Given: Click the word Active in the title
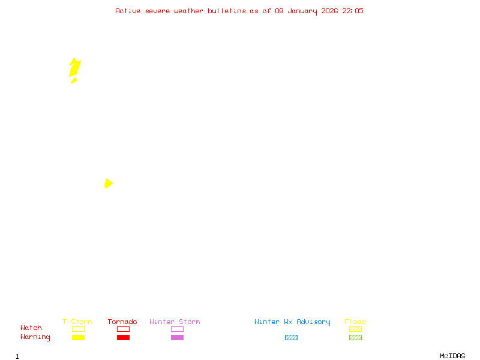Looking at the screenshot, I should pyautogui.click(x=128, y=11).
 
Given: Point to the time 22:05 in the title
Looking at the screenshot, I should pyautogui.click(x=353, y=11).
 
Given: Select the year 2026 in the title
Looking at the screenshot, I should pyautogui.click(x=329, y=11).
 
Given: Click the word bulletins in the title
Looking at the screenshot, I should pyautogui.click(x=227, y=11).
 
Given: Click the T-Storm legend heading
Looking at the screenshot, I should pyautogui.click(x=77, y=322).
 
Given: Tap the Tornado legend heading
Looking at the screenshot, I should pyautogui.click(x=122, y=322).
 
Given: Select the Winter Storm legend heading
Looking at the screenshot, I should pyautogui.click(x=175, y=322).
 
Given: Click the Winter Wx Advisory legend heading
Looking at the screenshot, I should pyautogui.click(x=292, y=322).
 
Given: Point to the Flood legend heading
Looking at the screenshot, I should pyautogui.click(x=355, y=322).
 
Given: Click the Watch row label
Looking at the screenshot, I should pyautogui.click(x=31, y=328).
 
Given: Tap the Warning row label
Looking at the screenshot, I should pyautogui.click(x=35, y=337).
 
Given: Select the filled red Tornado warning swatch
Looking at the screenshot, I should pyautogui.click(x=123, y=338).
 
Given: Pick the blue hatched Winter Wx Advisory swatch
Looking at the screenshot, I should pyautogui.click(x=291, y=338).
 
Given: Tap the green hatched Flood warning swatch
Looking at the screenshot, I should pyautogui.click(x=355, y=338).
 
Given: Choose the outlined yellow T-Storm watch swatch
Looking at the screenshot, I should pyautogui.click(x=78, y=329).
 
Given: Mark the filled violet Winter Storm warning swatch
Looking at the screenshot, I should pyautogui.click(x=177, y=338).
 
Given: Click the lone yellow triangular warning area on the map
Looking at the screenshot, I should pyautogui.click(x=108, y=183).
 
